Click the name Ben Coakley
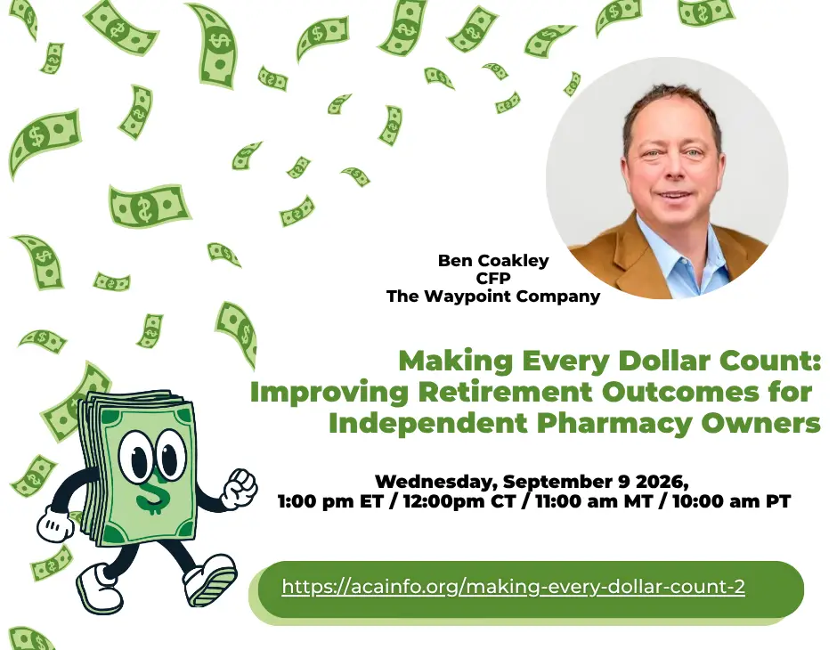pyautogui.click(x=493, y=260)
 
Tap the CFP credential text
pyautogui.click(x=493, y=278)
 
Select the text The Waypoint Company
pyautogui.click(x=493, y=297)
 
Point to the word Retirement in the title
pyautogui.click(x=505, y=393)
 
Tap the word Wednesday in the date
pyautogui.click(x=436, y=482)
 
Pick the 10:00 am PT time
pyautogui.click(x=732, y=501)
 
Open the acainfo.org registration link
pyautogui.click(x=513, y=587)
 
